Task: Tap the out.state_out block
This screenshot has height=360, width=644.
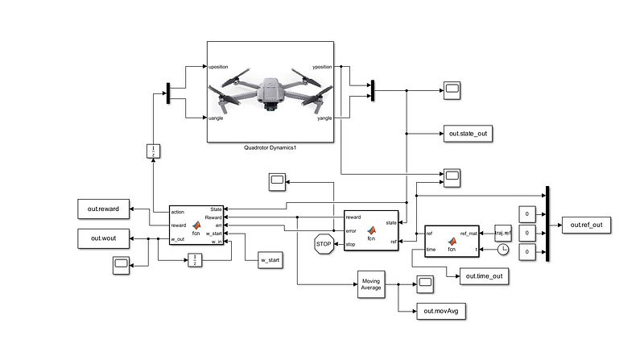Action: click(x=466, y=133)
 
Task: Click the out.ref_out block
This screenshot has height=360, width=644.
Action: click(x=586, y=225)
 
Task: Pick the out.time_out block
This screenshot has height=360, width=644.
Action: click(x=487, y=277)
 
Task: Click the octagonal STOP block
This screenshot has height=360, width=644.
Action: click(x=324, y=243)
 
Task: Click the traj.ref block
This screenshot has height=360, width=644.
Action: click(x=503, y=233)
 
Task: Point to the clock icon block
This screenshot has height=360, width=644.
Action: click(x=503, y=250)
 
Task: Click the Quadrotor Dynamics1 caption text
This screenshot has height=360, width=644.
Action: click(x=270, y=148)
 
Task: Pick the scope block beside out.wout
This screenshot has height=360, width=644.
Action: click(x=122, y=264)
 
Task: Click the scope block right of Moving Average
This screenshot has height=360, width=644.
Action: click(x=424, y=281)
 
